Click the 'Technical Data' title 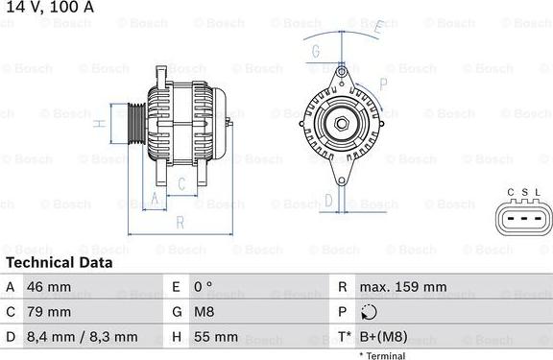[59, 262]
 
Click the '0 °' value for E [204, 287]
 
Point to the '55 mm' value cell [214, 337]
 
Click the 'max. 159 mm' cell [402, 287]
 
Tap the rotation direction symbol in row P [369, 312]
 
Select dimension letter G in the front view [316, 51]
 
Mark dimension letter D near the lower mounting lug [328, 200]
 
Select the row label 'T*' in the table [344, 337]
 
